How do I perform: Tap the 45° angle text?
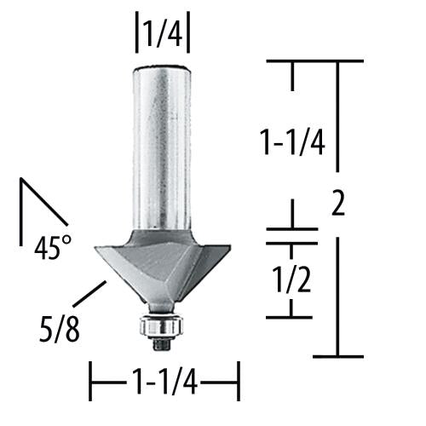click(x=53, y=248)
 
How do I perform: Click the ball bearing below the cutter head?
click(x=158, y=325)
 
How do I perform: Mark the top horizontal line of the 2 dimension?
click(x=315, y=60)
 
